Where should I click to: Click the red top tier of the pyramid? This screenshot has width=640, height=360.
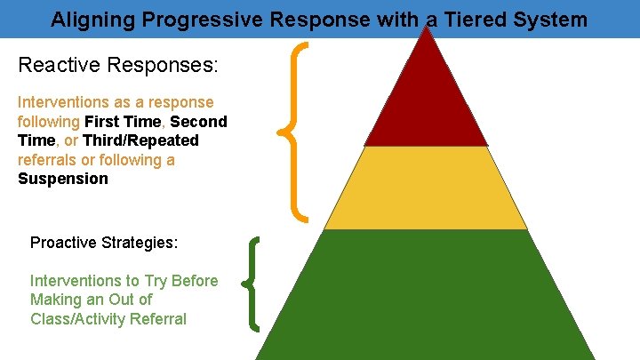[427, 102]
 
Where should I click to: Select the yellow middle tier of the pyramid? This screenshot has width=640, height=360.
[427, 188]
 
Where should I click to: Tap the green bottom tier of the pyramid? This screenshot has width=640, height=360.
[427, 293]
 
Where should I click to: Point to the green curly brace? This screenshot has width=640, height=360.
[253, 283]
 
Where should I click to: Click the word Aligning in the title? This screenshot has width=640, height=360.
[86, 19]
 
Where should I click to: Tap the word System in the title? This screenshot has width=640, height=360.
[554, 19]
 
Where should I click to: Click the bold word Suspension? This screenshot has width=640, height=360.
[63, 179]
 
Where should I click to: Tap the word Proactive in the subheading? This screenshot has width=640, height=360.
[66, 243]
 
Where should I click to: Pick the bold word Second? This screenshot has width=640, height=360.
[198, 122]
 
